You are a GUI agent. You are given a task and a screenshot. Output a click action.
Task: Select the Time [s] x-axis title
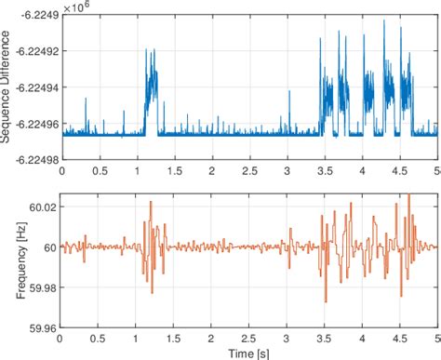click(x=248, y=353)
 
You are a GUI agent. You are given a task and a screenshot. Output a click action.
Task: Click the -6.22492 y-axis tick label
click(x=32, y=52)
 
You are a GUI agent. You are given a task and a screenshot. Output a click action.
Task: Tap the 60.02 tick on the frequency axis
click(x=43, y=205)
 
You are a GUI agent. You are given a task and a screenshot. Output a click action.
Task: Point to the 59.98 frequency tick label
click(x=43, y=287)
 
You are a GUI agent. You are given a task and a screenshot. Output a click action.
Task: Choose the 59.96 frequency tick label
click(x=43, y=327)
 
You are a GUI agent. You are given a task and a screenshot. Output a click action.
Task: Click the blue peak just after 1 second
click(x=147, y=50)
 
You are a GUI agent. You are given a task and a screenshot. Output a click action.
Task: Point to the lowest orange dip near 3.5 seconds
click(x=326, y=300)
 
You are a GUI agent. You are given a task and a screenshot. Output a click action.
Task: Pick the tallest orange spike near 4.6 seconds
click(x=408, y=194)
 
